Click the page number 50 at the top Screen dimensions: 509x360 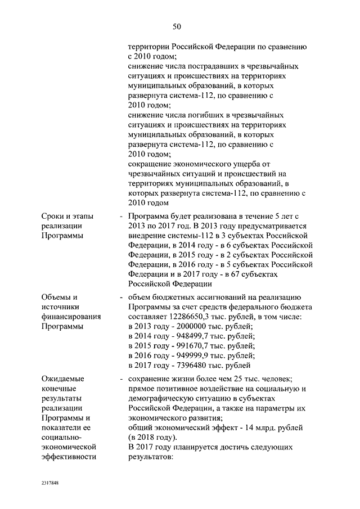tap(177, 26)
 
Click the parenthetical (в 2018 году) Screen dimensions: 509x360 tap(152, 437)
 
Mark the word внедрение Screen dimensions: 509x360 tap(147, 235)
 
